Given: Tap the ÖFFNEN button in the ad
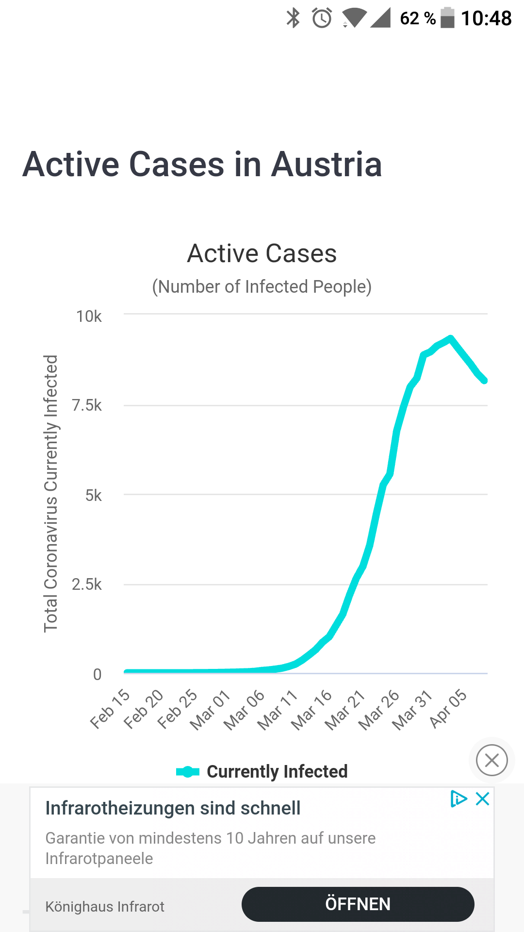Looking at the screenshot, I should (x=358, y=904).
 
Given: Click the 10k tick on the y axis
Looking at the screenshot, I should (x=89, y=316).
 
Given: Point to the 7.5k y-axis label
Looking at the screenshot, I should (x=86, y=405).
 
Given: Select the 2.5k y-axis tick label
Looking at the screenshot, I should (x=86, y=584).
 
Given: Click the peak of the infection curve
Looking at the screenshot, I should (x=451, y=338).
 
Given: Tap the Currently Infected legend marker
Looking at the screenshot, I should (x=188, y=771).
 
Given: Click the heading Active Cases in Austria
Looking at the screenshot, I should (x=202, y=164).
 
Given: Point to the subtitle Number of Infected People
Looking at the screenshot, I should (x=262, y=286).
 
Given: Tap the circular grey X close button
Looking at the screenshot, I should (x=491, y=760).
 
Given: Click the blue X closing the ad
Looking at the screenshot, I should (x=482, y=799).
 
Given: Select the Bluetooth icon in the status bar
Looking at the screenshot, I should (x=293, y=18).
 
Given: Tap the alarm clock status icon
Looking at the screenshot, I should (x=322, y=18).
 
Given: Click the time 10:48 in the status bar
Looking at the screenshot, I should (x=486, y=18).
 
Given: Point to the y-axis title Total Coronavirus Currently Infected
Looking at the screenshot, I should (x=51, y=493).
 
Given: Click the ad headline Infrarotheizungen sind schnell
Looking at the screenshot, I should (x=173, y=808).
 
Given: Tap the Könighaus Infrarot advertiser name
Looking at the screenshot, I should (x=105, y=907).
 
